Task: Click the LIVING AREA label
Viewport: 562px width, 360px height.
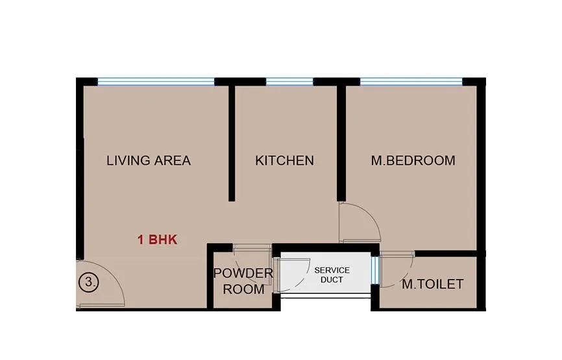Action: (x=149, y=160)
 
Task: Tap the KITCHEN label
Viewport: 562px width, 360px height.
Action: (x=284, y=160)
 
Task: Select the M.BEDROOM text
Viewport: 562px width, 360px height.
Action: (x=413, y=160)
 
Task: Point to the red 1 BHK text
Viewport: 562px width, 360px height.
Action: (x=157, y=240)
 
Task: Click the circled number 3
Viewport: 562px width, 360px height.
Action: (x=88, y=282)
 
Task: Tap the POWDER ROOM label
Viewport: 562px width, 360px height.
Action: (x=243, y=281)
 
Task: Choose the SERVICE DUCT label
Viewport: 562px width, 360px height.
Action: (x=332, y=274)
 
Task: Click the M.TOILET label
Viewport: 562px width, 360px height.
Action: (x=432, y=284)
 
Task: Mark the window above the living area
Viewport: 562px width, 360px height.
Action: (x=156, y=82)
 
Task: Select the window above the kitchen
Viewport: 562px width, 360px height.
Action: (x=289, y=82)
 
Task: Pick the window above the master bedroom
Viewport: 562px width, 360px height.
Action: (x=411, y=82)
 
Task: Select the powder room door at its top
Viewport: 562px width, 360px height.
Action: (x=252, y=247)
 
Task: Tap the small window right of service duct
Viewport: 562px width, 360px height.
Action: (x=374, y=270)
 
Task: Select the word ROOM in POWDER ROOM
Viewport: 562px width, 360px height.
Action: (x=243, y=289)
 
